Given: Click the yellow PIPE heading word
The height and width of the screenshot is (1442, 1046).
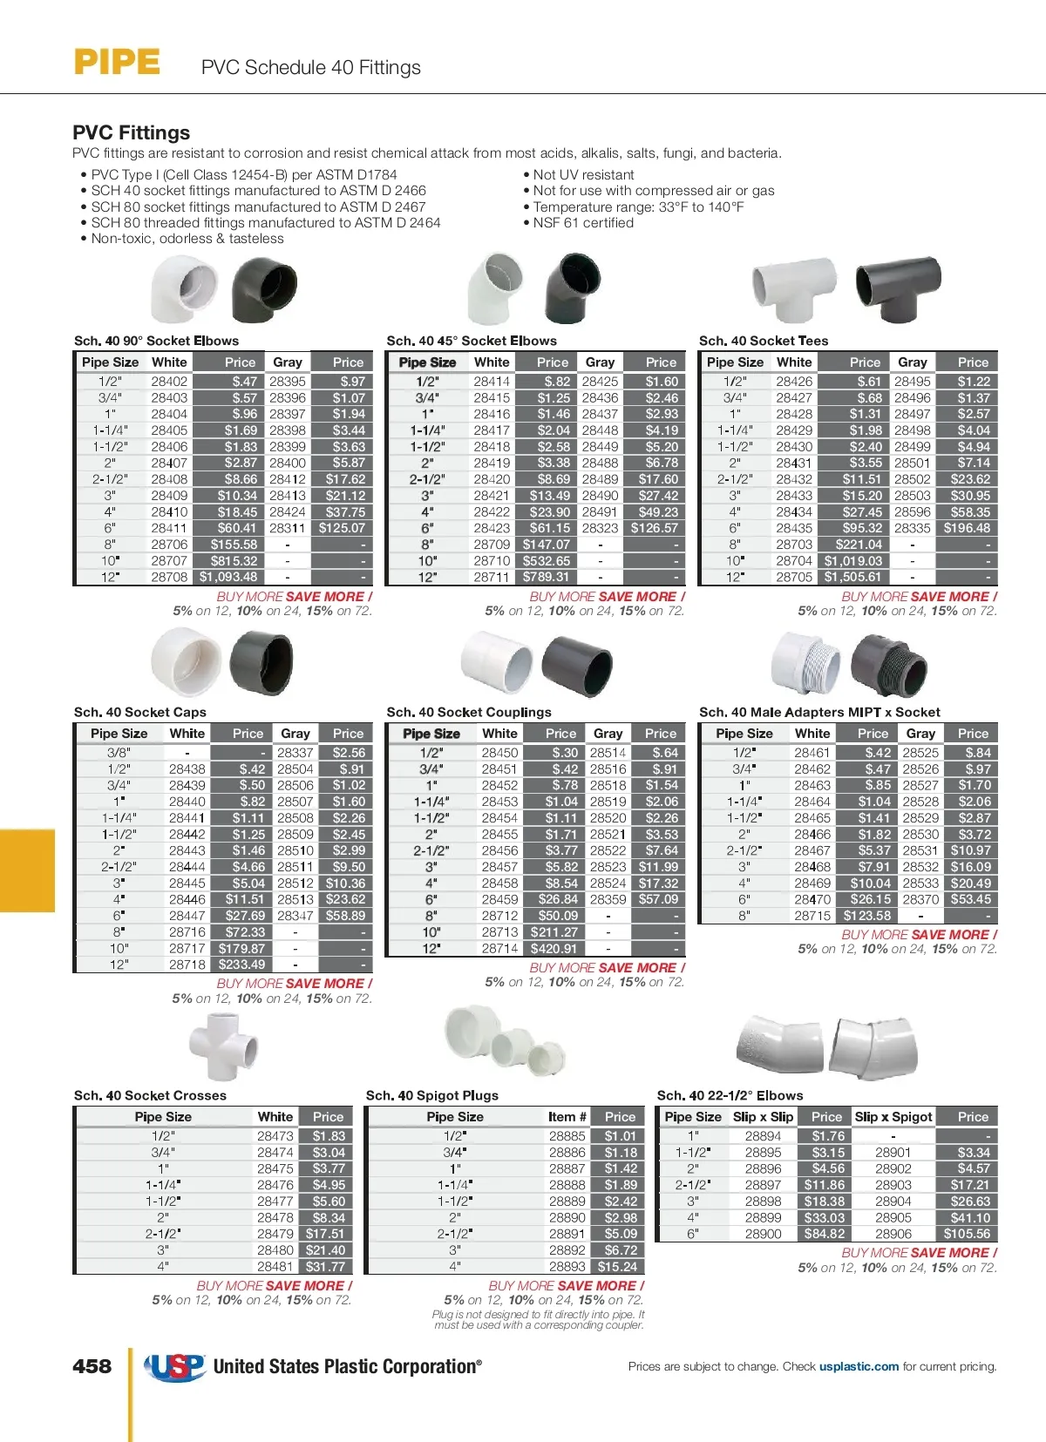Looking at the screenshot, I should pyautogui.click(x=117, y=63).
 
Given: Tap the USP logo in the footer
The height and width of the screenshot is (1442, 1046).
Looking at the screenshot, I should pyautogui.click(x=175, y=1366).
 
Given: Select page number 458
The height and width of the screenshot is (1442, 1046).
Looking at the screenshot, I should pyautogui.click(x=92, y=1366).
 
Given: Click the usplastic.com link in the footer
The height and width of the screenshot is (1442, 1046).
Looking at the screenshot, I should pyautogui.click(x=859, y=1366).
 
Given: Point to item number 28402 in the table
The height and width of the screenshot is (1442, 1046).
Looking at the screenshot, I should pyautogui.click(x=169, y=382).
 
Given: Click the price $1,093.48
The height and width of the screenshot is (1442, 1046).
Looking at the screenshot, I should pyautogui.click(x=228, y=577).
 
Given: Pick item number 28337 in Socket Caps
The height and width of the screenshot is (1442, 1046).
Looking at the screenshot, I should pyautogui.click(x=295, y=753).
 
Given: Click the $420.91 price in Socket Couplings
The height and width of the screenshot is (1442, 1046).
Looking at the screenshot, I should pyautogui.click(x=554, y=949).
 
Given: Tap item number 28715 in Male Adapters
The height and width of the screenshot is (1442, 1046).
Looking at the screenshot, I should pyautogui.click(x=812, y=916).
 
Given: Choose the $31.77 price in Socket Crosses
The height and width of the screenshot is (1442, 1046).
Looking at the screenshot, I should pyautogui.click(x=325, y=1267).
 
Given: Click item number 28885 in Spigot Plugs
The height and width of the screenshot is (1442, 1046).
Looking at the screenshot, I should pyautogui.click(x=567, y=1136).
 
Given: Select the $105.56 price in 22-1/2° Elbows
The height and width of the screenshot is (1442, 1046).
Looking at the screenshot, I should pyautogui.click(x=967, y=1234).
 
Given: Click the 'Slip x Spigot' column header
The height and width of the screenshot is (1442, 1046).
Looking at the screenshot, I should pyautogui.click(x=893, y=1117).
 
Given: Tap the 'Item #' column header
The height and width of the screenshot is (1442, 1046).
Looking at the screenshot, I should pyautogui.click(x=567, y=1117).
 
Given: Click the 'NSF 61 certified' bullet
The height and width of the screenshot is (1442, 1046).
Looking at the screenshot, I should pyautogui.click(x=583, y=223).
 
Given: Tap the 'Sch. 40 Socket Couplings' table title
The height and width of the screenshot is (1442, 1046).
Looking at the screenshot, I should pyautogui.click(x=469, y=712).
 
